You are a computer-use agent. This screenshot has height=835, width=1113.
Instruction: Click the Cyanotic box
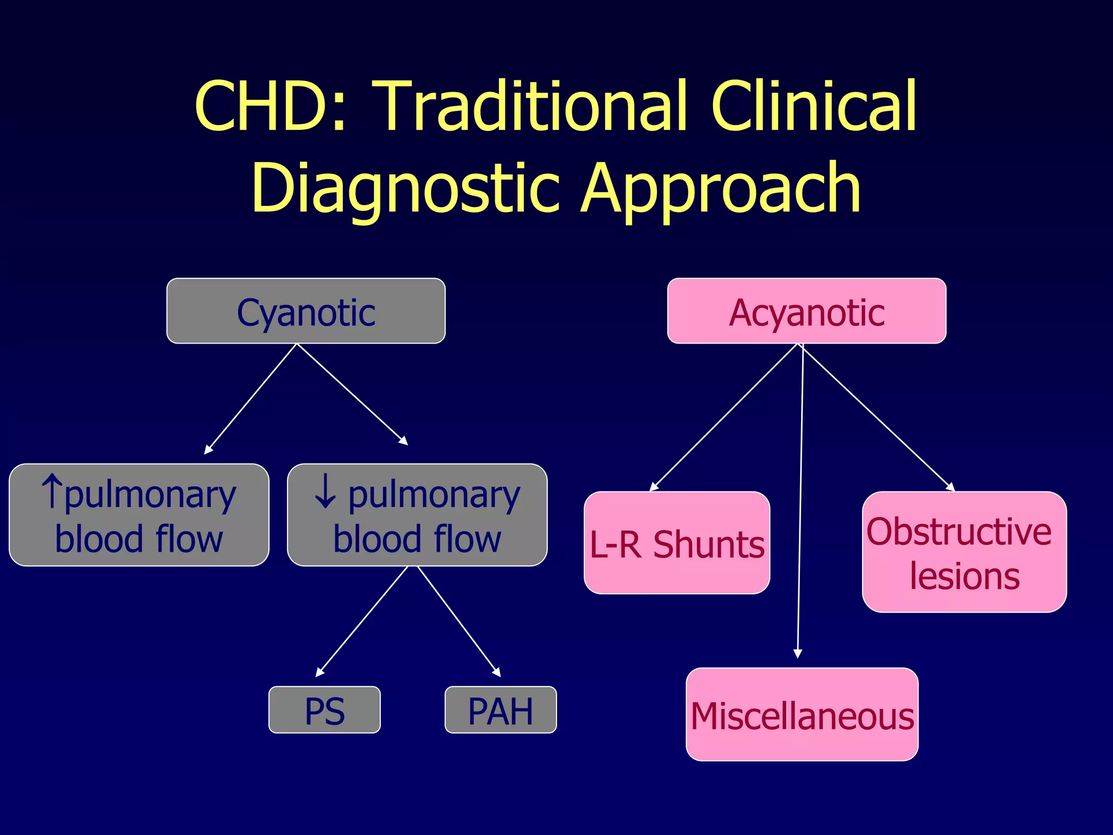click(x=306, y=311)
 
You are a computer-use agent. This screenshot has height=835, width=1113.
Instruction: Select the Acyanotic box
click(x=806, y=311)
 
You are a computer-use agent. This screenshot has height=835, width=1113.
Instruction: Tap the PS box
click(x=324, y=710)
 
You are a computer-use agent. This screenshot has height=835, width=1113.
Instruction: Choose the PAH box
click(x=501, y=710)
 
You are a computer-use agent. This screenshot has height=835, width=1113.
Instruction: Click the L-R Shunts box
click(x=677, y=543)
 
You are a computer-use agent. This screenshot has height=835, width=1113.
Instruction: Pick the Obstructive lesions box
click(x=964, y=552)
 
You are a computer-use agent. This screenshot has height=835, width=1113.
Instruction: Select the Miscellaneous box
click(x=802, y=714)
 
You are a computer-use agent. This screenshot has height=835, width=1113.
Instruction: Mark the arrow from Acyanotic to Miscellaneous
click(x=801, y=500)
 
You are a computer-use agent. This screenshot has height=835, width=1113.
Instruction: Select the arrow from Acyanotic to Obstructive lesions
click(x=878, y=417)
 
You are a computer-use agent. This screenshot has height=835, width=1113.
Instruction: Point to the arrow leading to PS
click(x=362, y=621)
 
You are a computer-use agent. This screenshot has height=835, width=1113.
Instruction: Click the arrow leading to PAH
click(x=459, y=621)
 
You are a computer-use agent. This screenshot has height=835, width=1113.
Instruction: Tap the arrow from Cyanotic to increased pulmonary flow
click(x=251, y=398)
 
